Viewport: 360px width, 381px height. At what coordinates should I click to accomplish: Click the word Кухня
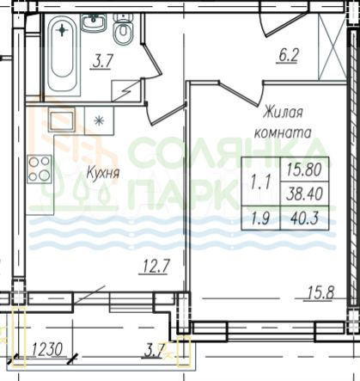102,173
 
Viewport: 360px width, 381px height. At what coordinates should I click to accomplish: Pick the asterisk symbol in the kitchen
97,120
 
